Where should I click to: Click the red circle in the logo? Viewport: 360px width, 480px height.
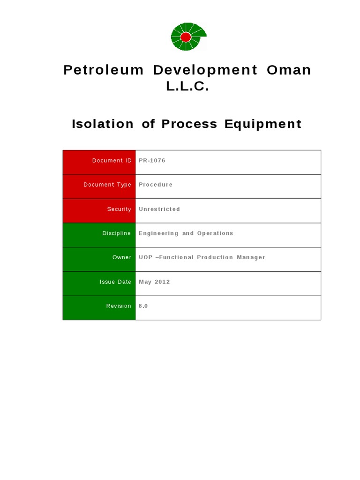[x=186, y=37]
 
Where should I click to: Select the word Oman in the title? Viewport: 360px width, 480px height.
[x=289, y=70]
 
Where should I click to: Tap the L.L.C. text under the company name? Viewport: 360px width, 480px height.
[x=187, y=87]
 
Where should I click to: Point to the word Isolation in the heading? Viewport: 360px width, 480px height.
[x=96, y=124]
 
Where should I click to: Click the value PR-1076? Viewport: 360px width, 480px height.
[x=152, y=161]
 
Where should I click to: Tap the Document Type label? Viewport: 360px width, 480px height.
[x=107, y=185]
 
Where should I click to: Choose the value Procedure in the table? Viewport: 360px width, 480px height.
[x=156, y=185]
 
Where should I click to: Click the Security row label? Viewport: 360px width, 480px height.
[x=119, y=209]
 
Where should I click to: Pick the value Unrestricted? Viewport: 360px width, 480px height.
[x=159, y=209]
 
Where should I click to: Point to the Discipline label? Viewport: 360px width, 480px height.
[x=117, y=233]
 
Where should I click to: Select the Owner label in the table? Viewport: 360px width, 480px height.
[x=122, y=257]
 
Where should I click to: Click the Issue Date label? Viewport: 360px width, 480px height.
[x=115, y=282]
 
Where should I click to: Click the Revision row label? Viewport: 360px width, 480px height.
[x=119, y=306]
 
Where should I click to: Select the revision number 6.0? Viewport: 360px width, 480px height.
[x=143, y=306]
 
